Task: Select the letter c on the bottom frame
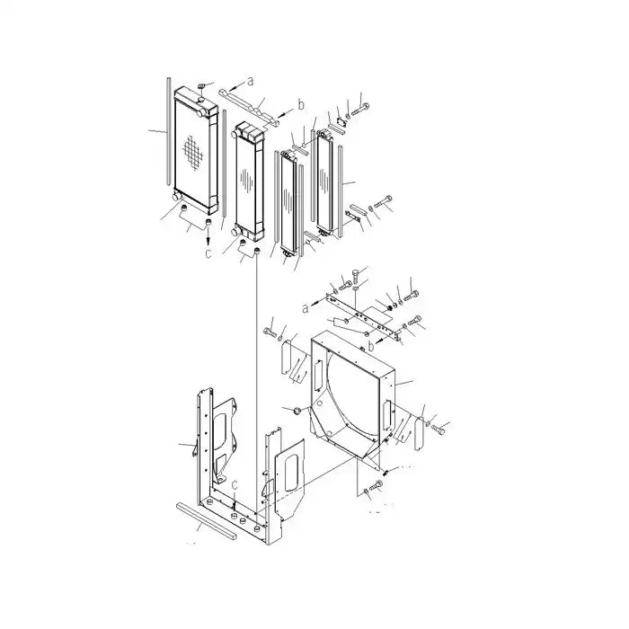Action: click(235, 486)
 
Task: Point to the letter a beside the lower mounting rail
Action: click(306, 307)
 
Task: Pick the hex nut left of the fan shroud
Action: click(290, 412)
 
